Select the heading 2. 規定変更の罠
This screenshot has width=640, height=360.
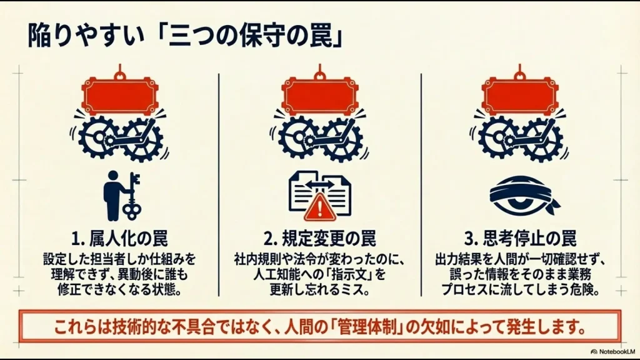tap(319, 238)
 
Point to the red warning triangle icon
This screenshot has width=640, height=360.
tap(319, 206)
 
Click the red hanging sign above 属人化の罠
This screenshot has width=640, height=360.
tap(119, 96)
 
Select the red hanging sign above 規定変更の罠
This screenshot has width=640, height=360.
tap(319, 96)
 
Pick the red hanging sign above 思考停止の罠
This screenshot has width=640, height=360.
tap(519, 96)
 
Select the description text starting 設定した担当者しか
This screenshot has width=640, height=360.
tap(119, 274)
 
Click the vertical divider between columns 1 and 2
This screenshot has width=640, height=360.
tap(218, 184)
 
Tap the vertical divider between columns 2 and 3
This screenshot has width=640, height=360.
tap(421, 184)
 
